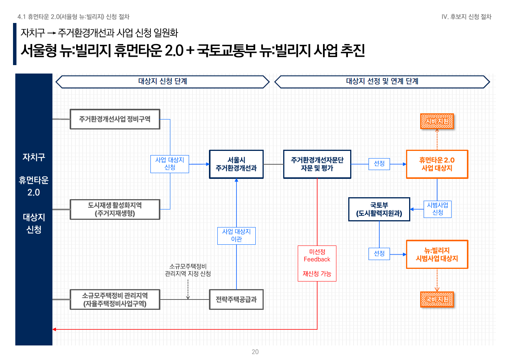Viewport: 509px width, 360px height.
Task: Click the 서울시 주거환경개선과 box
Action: coord(236,164)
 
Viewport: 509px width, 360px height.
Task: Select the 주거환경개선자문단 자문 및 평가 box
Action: coord(317,164)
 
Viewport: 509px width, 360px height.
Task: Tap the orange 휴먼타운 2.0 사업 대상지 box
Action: coord(437,164)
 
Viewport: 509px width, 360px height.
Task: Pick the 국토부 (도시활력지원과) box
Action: coord(379,209)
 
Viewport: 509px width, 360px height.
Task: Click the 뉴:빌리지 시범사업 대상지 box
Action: coord(437,255)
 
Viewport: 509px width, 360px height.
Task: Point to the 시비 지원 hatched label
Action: coord(437,121)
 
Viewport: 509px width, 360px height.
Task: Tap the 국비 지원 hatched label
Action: coord(437,299)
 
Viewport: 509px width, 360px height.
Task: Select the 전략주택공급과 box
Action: coord(236,299)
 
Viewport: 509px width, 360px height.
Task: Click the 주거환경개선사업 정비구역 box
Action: coord(115,119)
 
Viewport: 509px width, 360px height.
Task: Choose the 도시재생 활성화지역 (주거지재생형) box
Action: coord(115,209)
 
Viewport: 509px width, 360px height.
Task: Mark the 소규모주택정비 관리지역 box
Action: coord(115,299)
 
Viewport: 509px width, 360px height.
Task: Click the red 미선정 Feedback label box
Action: coord(317,263)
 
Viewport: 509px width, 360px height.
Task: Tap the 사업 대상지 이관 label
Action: coord(236,236)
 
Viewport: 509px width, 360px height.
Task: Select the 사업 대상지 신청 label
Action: coord(170,164)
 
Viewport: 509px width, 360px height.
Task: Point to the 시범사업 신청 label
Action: coord(437,209)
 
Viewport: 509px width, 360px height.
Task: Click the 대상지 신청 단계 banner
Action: coord(163,82)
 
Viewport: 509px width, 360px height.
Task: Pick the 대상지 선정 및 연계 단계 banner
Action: coord(382,82)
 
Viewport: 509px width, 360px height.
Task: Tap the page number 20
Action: coord(255,352)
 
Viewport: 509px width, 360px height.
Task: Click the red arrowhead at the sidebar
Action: coord(54,329)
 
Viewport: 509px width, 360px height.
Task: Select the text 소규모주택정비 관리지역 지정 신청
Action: coord(188,270)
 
